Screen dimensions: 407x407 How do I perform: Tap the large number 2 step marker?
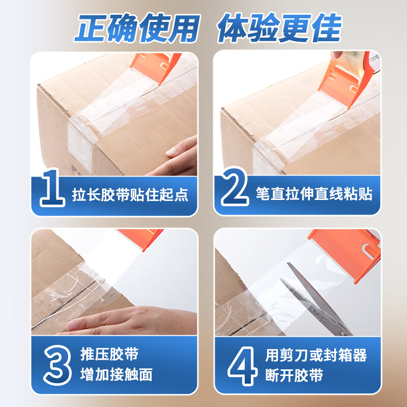point(235,186)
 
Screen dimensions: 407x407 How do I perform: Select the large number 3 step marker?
point(57,365)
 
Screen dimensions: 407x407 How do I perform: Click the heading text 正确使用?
point(137,28)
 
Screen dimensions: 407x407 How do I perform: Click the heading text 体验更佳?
point(279,28)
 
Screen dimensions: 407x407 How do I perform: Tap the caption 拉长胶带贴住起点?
point(130,195)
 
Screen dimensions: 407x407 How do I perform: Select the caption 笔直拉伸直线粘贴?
point(314,194)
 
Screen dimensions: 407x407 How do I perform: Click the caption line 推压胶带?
point(109,354)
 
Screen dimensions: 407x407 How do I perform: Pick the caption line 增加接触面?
point(117,375)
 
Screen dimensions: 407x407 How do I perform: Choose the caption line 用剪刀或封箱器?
point(316,355)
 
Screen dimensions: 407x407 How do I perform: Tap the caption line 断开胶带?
point(294,375)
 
